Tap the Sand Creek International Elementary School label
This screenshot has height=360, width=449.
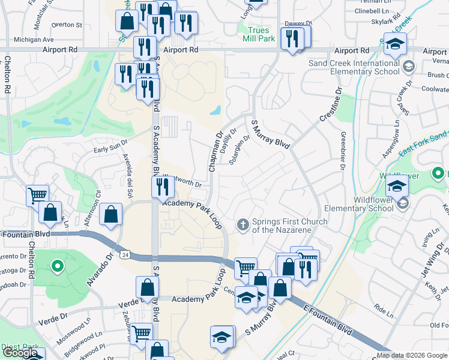click(x=354, y=67)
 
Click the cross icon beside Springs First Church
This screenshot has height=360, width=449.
click(x=243, y=225)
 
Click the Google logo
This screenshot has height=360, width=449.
click(x=20, y=353)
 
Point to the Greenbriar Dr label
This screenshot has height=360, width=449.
click(x=342, y=151)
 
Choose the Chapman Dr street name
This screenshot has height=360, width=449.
click(x=215, y=152)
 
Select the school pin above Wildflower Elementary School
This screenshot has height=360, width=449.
click(x=397, y=186)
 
